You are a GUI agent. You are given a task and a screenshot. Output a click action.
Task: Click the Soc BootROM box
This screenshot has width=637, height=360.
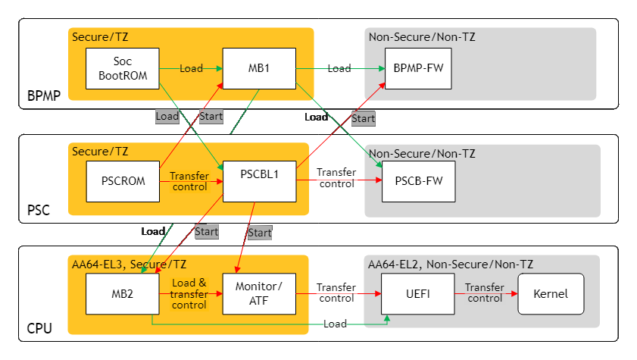pos(123,68)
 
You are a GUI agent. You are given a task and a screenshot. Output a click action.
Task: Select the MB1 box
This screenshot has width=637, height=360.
pos(258,68)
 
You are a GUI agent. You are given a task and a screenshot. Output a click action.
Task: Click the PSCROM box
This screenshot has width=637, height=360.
pos(123,181)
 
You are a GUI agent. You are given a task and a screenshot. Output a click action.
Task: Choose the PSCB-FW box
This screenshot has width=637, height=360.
pos(418,181)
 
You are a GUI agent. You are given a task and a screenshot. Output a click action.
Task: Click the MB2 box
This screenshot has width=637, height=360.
pos(123,294)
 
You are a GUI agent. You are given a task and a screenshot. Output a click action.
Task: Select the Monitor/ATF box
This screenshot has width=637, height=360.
pos(258,294)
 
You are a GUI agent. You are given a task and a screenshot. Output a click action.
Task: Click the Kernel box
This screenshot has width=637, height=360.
pos(551,294)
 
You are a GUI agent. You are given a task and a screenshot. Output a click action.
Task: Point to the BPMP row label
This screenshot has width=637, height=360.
pos(43,96)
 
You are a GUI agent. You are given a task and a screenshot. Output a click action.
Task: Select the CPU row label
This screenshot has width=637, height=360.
pos(39,328)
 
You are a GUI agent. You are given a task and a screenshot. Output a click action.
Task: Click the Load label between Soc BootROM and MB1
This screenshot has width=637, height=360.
pos(191,68)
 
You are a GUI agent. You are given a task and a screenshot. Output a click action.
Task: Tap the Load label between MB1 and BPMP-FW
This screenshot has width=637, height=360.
pos(339,68)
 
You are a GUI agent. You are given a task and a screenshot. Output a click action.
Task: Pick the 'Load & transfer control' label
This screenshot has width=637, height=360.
pos(189,294)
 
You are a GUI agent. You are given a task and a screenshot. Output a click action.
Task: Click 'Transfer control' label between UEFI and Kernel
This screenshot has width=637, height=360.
pos(485,293)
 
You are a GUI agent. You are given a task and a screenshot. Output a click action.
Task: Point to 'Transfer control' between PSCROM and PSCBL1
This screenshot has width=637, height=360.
pos(189,181)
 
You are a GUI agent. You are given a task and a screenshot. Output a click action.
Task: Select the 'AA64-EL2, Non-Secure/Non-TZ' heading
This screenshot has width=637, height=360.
pos(451,264)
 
